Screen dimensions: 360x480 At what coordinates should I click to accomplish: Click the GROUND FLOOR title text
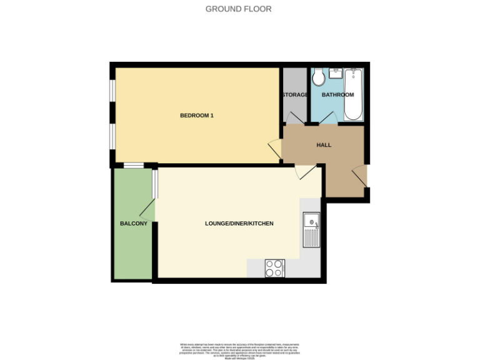(239, 9)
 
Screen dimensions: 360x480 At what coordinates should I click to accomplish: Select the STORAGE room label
(294, 95)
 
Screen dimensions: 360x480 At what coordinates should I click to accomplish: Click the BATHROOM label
(337, 95)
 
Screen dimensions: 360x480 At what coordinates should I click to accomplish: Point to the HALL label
(324, 145)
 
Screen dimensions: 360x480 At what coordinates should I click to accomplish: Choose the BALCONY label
(133, 223)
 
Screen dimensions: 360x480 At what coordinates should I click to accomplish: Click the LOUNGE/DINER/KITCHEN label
(239, 223)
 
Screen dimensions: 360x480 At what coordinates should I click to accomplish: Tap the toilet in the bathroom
(319, 77)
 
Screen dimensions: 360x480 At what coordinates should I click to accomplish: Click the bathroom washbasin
(335, 72)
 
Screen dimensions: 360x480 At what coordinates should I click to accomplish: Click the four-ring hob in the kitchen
(274, 267)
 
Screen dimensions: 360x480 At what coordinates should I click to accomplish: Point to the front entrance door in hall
(360, 176)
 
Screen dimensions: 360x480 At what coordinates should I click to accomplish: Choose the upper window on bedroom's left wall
(112, 90)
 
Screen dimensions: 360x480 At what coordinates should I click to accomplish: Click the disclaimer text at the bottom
(240, 351)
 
